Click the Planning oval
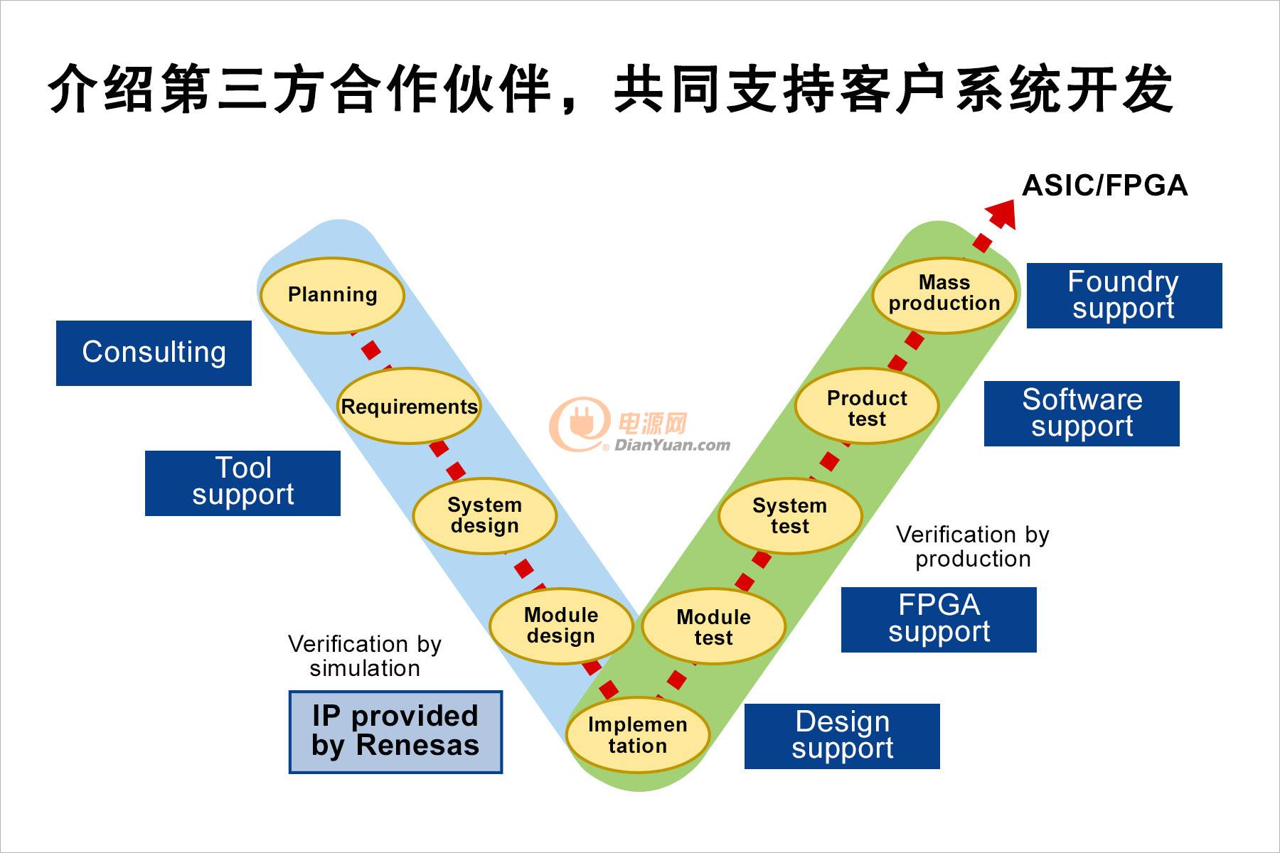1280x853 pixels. (x=332, y=294)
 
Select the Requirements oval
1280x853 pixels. (x=408, y=407)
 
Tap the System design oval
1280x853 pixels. (x=484, y=515)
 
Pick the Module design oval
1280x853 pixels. (x=561, y=626)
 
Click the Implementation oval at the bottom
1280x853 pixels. (x=637, y=735)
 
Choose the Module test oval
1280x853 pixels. (x=713, y=627)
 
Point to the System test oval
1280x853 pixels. (x=790, y=516)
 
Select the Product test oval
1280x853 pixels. (x=867, y=408)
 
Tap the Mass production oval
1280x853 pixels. (x=944, y=293)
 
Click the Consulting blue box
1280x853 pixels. (x=154, y=353)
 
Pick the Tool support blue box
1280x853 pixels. (x=242, y=483)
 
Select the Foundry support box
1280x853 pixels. (x=1124, y=295)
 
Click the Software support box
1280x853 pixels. (x=1082, y=413)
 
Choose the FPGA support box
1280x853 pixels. (x=939, y=619)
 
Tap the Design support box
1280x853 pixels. (x=842, y=736)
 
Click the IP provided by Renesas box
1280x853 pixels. (x=395, y=731)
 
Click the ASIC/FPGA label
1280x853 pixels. (x=1104, y=186)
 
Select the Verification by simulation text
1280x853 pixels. (x=365, y=656)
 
